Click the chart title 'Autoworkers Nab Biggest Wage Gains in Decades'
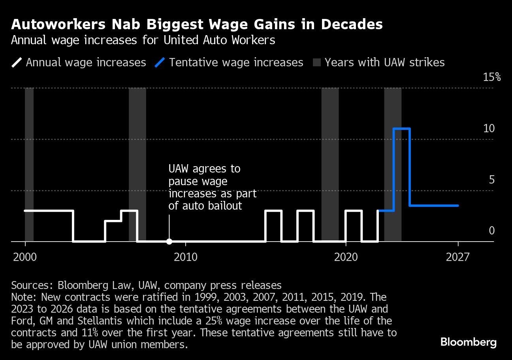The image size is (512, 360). click(x=197, y=25)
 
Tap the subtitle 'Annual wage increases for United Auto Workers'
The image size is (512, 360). click(x=143, y=40)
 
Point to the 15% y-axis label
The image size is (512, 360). click(x=492, y=77)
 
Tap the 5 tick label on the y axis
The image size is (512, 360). click(x=491, y=180)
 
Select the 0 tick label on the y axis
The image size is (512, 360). click(x=491, y=231)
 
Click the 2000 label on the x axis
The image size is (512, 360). click(x=25, y=257)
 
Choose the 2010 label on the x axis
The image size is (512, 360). click(x=185, y=257)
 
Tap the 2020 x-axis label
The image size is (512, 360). click(x=346, y=257)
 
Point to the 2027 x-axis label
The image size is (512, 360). click(x=458, y=257)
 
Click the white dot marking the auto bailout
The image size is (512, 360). click(x=169, y=242)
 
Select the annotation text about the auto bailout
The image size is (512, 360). click(x=213, y=187)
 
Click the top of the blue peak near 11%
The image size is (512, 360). click(x=402, y=129)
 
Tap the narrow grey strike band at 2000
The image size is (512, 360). click(x=29, y=158)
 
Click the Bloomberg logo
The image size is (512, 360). click(x=469, y=341)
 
